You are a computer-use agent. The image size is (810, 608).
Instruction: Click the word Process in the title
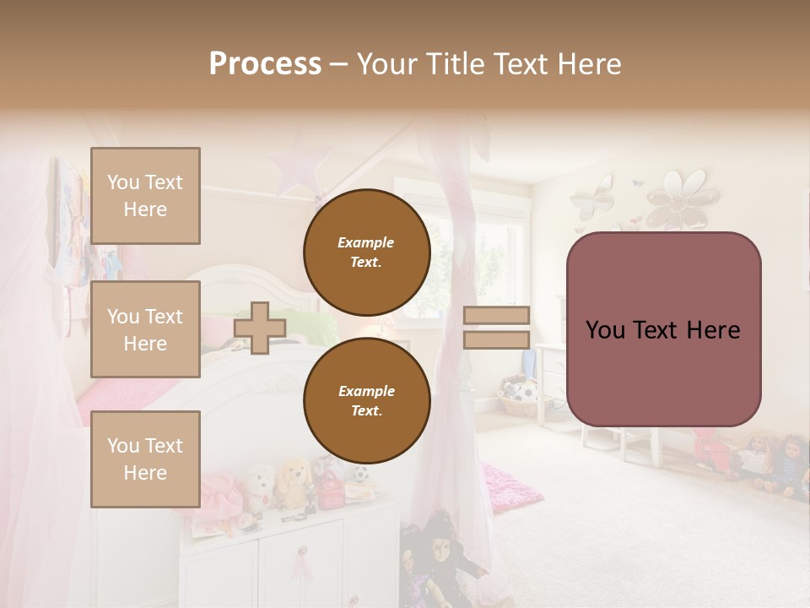265,64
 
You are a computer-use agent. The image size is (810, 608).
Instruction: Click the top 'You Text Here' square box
145,196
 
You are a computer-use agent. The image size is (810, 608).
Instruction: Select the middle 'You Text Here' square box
145,329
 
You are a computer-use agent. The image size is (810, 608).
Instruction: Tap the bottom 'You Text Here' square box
145,459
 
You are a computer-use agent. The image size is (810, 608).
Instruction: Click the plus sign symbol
260,328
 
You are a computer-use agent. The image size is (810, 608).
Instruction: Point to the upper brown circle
366,252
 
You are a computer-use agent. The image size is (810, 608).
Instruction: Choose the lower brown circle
366,400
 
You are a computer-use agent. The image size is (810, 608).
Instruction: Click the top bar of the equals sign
496,315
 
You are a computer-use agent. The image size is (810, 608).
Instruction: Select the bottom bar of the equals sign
496,339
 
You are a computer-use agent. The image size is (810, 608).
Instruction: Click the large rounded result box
663,329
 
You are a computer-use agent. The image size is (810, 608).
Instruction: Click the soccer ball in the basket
524,392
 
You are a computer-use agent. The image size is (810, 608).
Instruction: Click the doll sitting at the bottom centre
439,557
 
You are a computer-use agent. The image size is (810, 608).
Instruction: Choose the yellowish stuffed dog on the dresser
294,481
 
